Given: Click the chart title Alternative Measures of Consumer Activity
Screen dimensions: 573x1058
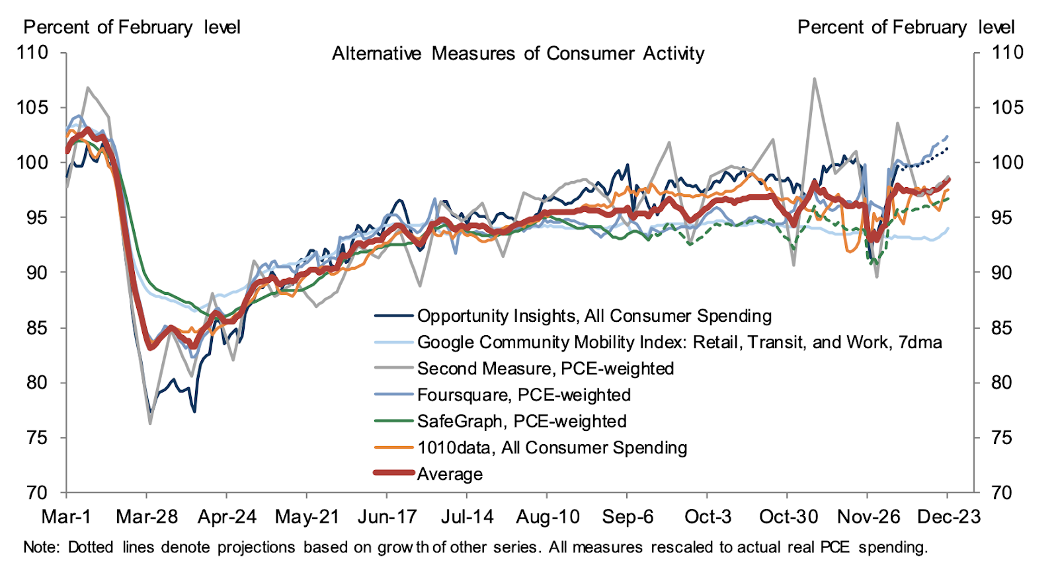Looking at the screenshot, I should [x=518, y=54].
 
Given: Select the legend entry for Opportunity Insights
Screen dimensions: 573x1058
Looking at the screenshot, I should [x=594, y=316].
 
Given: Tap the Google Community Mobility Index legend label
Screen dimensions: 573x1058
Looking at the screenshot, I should [x=679, y=342].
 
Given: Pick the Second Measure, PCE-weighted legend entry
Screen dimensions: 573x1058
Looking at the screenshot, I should [x=545, y=369].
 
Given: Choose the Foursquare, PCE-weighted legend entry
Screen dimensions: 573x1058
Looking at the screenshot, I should [x=523, y=395].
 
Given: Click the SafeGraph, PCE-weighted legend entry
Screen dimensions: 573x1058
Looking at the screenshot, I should [x=521, y=422].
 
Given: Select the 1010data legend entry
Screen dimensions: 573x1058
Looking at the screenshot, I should [x=551, y=448].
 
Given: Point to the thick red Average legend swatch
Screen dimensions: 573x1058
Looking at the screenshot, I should [x=394, y=473].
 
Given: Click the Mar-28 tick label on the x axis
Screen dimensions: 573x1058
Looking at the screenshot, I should [x=147, y=517].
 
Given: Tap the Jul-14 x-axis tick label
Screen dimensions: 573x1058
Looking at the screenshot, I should [x=467, y=517].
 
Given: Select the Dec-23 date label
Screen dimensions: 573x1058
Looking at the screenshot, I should [x=948, y=517].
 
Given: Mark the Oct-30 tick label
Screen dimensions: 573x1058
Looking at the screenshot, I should [x=788, y=517].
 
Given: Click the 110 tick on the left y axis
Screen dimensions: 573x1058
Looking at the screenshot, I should [x=32, y=52].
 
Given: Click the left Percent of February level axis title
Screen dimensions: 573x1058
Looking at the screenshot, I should [x=132, y=27].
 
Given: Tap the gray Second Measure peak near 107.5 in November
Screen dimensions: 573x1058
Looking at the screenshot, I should [x=814, y=79].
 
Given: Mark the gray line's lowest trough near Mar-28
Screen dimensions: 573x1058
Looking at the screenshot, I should [x=150, y=423].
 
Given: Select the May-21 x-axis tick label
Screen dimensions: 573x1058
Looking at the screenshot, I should [x=307, y=517].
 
